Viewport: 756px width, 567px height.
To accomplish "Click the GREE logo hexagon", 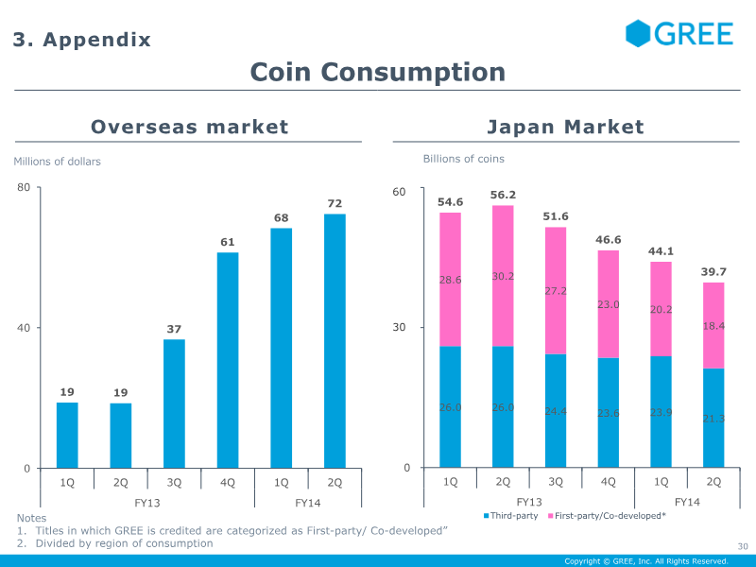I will click(639, 34).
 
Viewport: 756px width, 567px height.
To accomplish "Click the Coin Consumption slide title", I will click(377, 72).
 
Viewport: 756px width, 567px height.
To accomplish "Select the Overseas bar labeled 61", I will click(228, 359).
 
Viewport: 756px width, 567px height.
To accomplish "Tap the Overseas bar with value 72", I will click(335, 340).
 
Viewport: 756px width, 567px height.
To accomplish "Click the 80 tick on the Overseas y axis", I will click(24, 187).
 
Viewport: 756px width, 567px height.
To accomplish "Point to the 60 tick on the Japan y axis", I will click(399, 192).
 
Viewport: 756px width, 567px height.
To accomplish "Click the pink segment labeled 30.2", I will click(503, 276).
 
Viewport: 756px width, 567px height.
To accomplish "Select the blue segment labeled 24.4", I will click(556, 411).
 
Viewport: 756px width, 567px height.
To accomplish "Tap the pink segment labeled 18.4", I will click(713, 325).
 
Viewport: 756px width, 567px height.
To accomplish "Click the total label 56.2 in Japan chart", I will click(503, 195).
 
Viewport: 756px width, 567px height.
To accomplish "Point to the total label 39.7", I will click(713, 272).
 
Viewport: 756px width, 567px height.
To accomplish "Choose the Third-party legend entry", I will click(511, 516).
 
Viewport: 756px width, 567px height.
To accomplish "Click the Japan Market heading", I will click(564, 127).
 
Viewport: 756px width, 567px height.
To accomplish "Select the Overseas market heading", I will click(189, 127).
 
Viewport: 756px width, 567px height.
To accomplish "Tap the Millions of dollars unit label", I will click(57, 162).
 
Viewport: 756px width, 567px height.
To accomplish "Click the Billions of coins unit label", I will click(463, 159).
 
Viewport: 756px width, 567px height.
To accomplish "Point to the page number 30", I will click(742, 546).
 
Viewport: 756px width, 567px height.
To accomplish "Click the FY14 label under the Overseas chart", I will click(308, 502).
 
